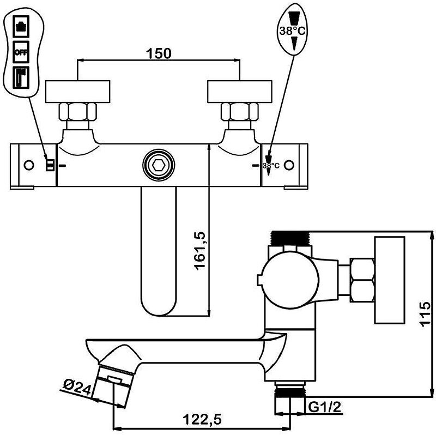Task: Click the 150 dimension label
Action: tap(159, 53)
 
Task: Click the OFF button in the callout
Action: tap(21, 52)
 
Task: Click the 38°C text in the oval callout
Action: tap(293, 32)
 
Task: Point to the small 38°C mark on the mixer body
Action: tap(271, 165)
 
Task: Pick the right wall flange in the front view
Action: tap(240, 90)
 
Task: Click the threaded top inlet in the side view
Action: tap(291, 239)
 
